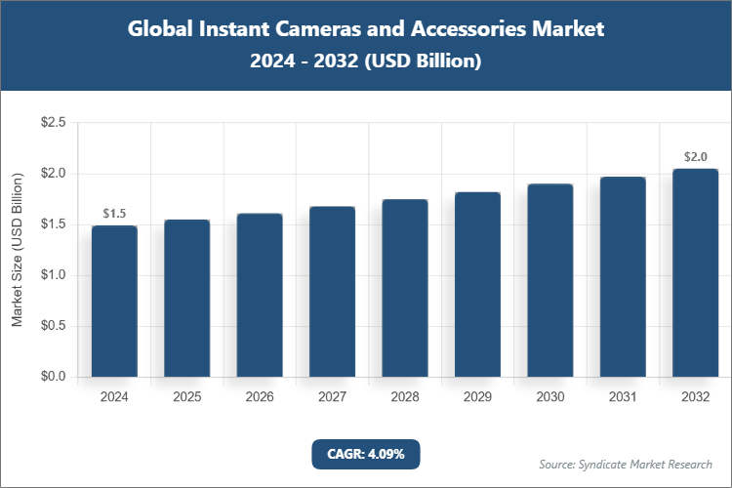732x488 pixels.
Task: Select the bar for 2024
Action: [114, 301]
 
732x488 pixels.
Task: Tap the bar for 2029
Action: [477, 284]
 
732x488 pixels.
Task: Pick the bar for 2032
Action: [695, 272]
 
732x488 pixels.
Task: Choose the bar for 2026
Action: [260, 295]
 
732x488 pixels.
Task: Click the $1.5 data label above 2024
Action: [114, 213]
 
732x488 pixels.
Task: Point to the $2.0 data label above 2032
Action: [695, 156]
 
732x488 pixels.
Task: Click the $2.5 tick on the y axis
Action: [53, 123]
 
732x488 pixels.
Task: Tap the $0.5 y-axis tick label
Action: [53, 326]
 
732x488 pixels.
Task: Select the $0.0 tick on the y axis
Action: [53, 377]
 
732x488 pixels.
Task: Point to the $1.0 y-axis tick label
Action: [53, 275]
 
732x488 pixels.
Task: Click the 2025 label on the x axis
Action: [186, 397]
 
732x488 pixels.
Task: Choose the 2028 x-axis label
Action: [404, 397]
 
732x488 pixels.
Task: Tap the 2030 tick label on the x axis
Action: [549, 397]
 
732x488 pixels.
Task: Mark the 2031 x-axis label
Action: [622, 397]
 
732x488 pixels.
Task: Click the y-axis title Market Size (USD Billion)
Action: [17, 250]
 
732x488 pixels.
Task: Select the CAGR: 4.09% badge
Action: [365, 453]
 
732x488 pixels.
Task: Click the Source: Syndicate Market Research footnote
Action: [626, 464]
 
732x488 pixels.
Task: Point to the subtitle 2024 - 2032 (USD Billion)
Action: [366, 61]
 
